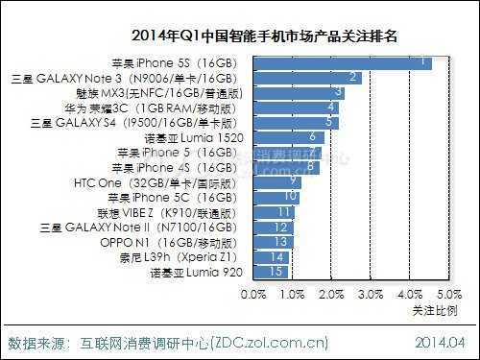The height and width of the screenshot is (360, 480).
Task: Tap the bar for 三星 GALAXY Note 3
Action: pos(307,78)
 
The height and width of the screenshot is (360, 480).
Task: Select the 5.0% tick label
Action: pos(448,292)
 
